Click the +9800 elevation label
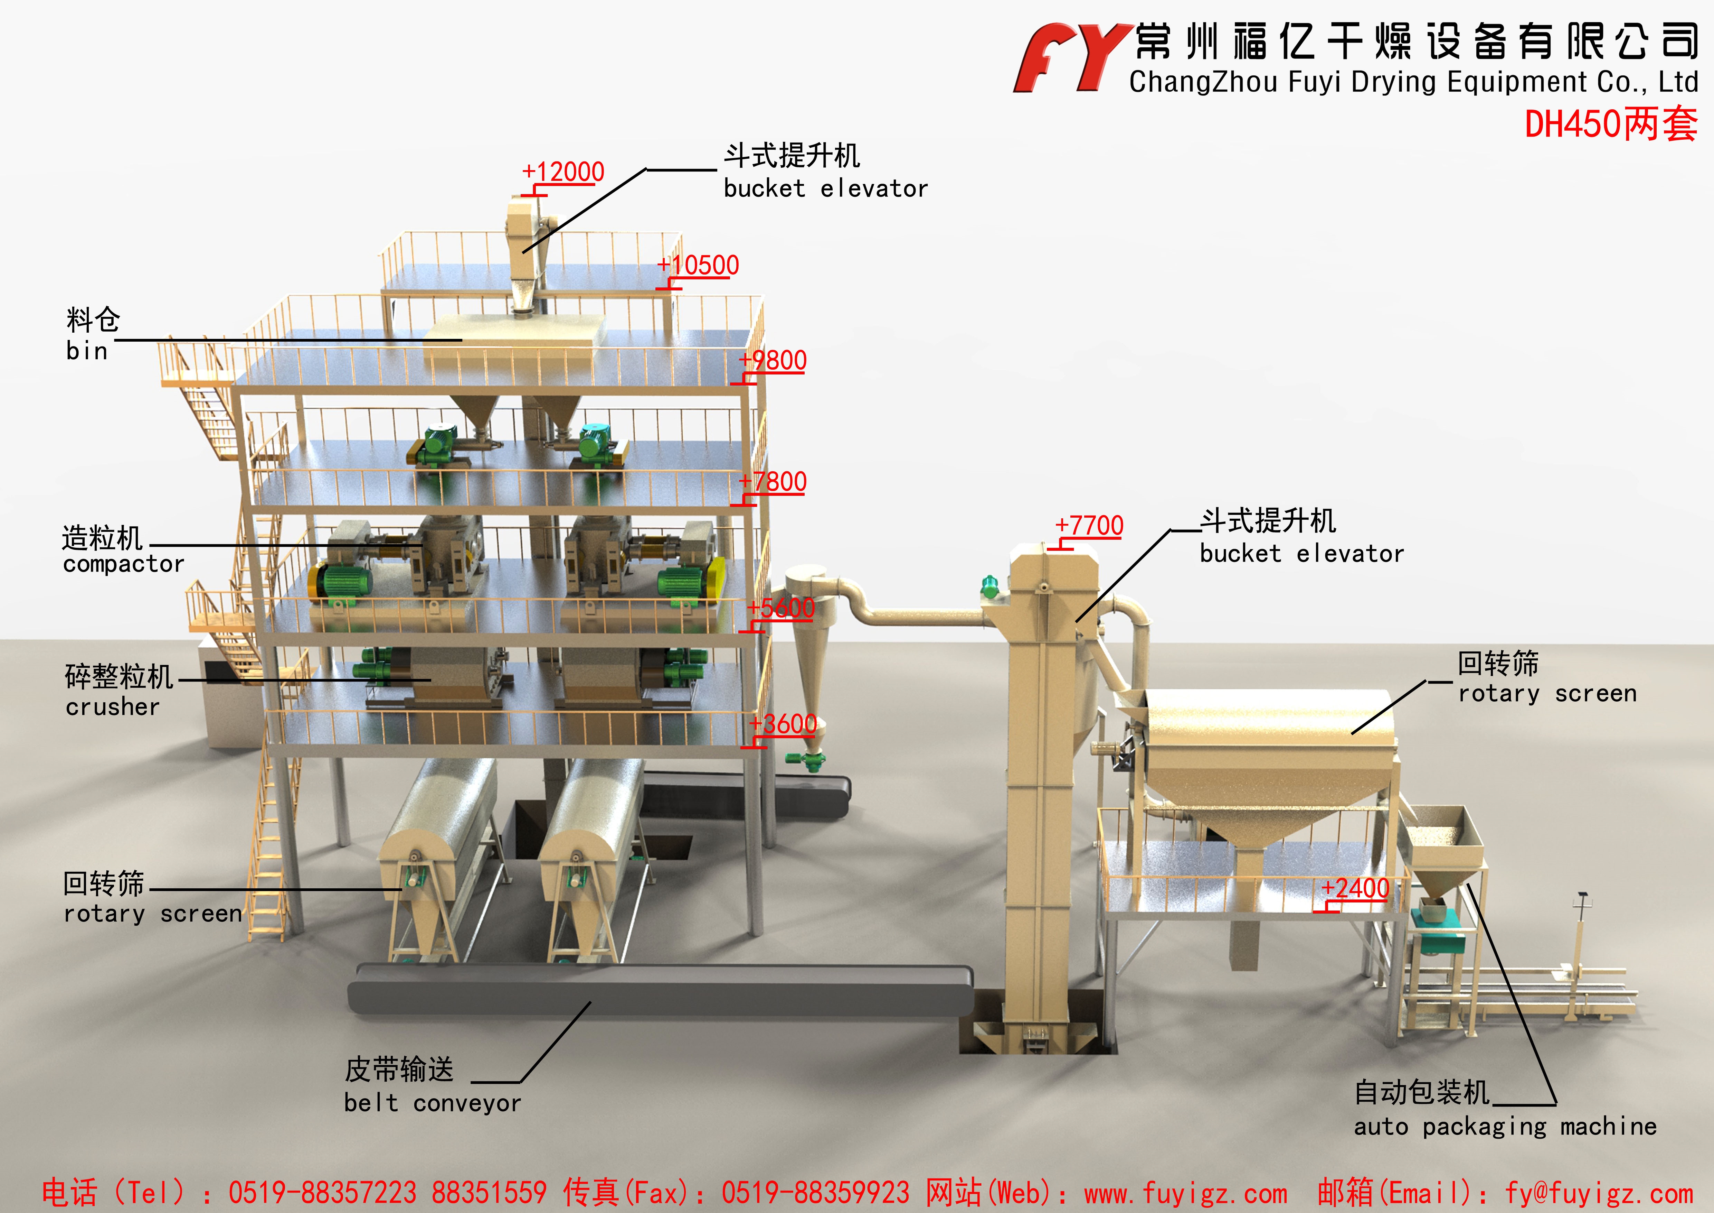point(773,361)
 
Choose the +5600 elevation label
point(782,608)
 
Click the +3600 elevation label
point(784,724)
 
